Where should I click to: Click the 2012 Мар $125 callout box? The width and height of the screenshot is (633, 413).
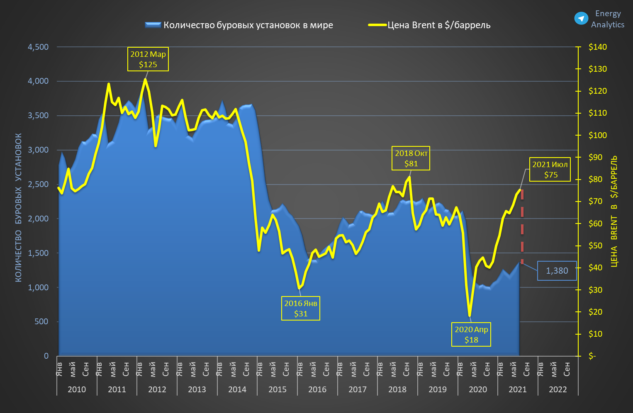coord(148,59)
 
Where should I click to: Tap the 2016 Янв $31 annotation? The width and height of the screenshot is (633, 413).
coord(300,309)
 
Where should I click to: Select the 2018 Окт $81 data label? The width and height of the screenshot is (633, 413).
coord(411,158)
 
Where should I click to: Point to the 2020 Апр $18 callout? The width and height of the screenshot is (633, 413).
coord(471,335)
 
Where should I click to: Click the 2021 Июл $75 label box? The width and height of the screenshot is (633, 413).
coord(550,170)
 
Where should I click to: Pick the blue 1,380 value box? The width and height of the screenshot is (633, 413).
coord(557,271)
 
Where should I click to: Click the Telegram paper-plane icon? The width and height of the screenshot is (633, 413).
coord(581,19)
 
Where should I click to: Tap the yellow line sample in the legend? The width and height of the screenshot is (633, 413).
coord(377,25)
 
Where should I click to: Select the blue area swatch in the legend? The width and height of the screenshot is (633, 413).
coord(153,25)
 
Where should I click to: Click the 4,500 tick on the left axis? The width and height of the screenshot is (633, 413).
coord(38,47)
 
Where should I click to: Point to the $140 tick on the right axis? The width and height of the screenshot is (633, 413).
coord(597,47)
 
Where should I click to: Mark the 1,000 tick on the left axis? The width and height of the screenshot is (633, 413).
coord(38,287)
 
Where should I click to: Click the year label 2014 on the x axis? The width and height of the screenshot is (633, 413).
coord(237,390)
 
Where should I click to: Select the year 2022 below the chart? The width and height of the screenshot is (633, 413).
coord(558,390)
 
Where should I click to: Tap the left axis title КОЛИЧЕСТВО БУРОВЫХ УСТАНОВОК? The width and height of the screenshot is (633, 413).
coord(19,207)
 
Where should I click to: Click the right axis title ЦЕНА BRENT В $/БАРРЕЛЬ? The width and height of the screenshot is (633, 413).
coord(614,211)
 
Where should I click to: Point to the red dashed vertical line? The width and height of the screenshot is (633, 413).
coord(522,226)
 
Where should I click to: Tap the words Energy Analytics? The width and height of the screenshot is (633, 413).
coord(607,19)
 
